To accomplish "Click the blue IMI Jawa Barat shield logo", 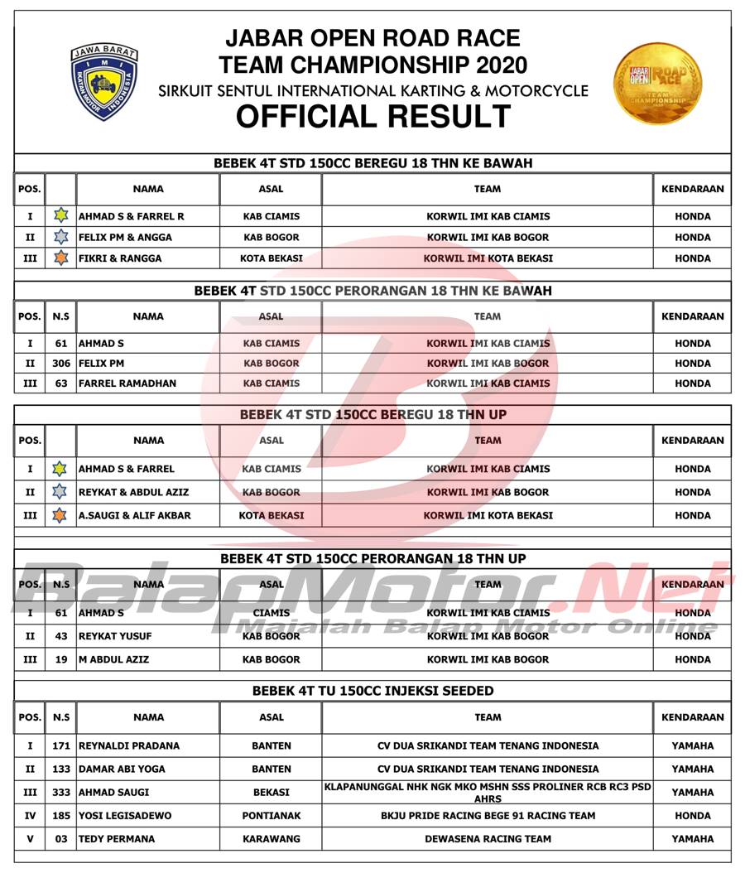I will pyautogui.click(x=104, y=81).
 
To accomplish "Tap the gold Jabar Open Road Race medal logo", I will pyautogui.click(x=658, y=83).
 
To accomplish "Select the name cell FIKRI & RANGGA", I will pyautogui.click(x=120, y=258).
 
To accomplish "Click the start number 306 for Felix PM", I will pyautogui.click(x=60, y=363).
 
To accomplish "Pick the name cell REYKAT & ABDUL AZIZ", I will pyautogui.click(x=133, y=492).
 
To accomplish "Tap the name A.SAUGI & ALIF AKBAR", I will pyautogui.click(x=135, y=515).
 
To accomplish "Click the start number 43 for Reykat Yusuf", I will pyautogui.click(x=60, y=636).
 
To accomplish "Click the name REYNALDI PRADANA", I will pyautogui.click(x=129, y=745).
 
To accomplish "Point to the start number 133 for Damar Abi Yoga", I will pyautogui.click(x=60, y=769).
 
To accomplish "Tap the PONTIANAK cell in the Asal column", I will pyautogui.click(x=272, y=815).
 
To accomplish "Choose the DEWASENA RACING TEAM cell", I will pyautogui.click(x=488, y=838).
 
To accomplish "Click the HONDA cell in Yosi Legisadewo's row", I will pyautogui.click(x=692, y=815).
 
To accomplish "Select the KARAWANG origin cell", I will pyautogui.click(x=272, y=838).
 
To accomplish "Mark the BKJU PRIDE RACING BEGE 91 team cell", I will pyautogui.click(x=488, y=815).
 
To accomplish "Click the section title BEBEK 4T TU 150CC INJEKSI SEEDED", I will pyautogui.click(x=372, y=691).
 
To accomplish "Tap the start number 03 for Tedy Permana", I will pyautogui.click(x=60, y=838).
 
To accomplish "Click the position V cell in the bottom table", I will pyautogui.click(x=30, y=838).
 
